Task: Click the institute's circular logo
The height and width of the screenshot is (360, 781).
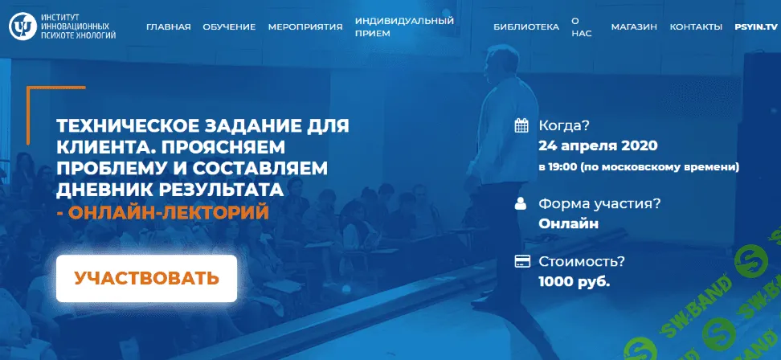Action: [x=21, y=27]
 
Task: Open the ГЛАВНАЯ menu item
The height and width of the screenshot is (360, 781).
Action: [x=169, y=27]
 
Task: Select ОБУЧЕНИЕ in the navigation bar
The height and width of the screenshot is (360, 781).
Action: [x=229, y=27]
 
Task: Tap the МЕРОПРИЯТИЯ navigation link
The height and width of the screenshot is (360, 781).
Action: [x=305, y=27]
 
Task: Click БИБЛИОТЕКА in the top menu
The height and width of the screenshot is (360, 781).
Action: [x=526, y=27]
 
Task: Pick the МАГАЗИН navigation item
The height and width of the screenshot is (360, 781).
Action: [x=634, y=27]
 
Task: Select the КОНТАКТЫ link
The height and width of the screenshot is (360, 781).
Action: [x=696, y=27]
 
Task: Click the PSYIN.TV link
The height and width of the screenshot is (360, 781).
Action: [x=756, y=27]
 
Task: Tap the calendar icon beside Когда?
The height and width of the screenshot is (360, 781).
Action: [x=521, y=125]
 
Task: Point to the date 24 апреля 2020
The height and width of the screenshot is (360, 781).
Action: [x=599, y=146]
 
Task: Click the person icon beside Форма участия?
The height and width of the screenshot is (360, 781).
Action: [x=521, y=202]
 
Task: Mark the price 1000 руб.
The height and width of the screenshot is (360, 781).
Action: [x=575, y=281]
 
